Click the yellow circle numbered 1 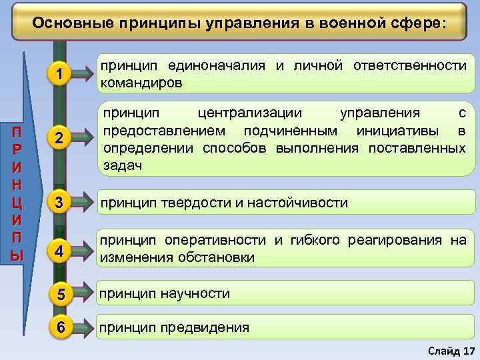tap(60, 76)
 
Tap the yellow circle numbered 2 tap(60, 138)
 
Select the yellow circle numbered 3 tap(60, 203)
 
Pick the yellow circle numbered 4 tap(60, 251)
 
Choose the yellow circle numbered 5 tap(60, 293)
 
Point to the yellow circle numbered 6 tap(60, 327)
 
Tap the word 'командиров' tap(140, 83)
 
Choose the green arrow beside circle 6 tap(83, 327)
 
